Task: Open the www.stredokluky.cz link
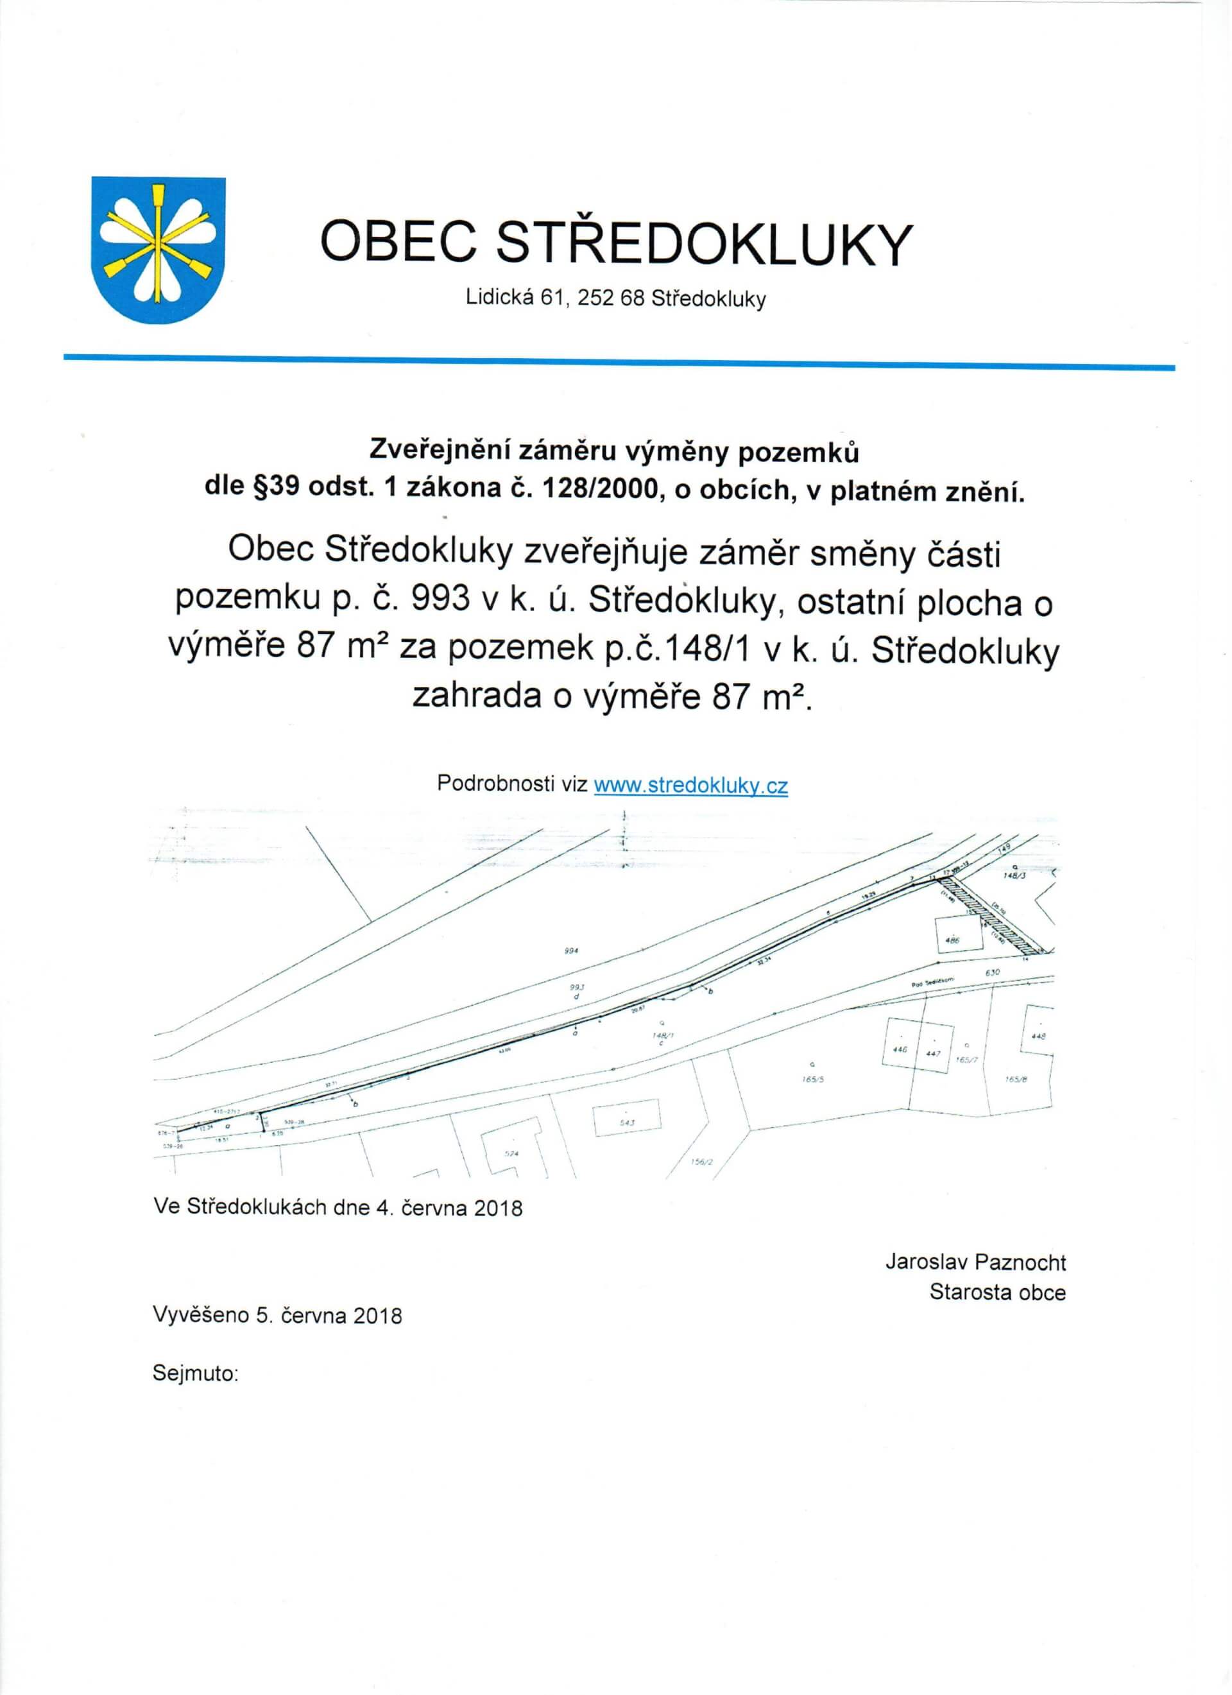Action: (690, 786)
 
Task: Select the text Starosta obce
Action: (997, 1292)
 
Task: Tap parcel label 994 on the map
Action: (573, 951)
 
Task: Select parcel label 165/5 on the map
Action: (816, 1079)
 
